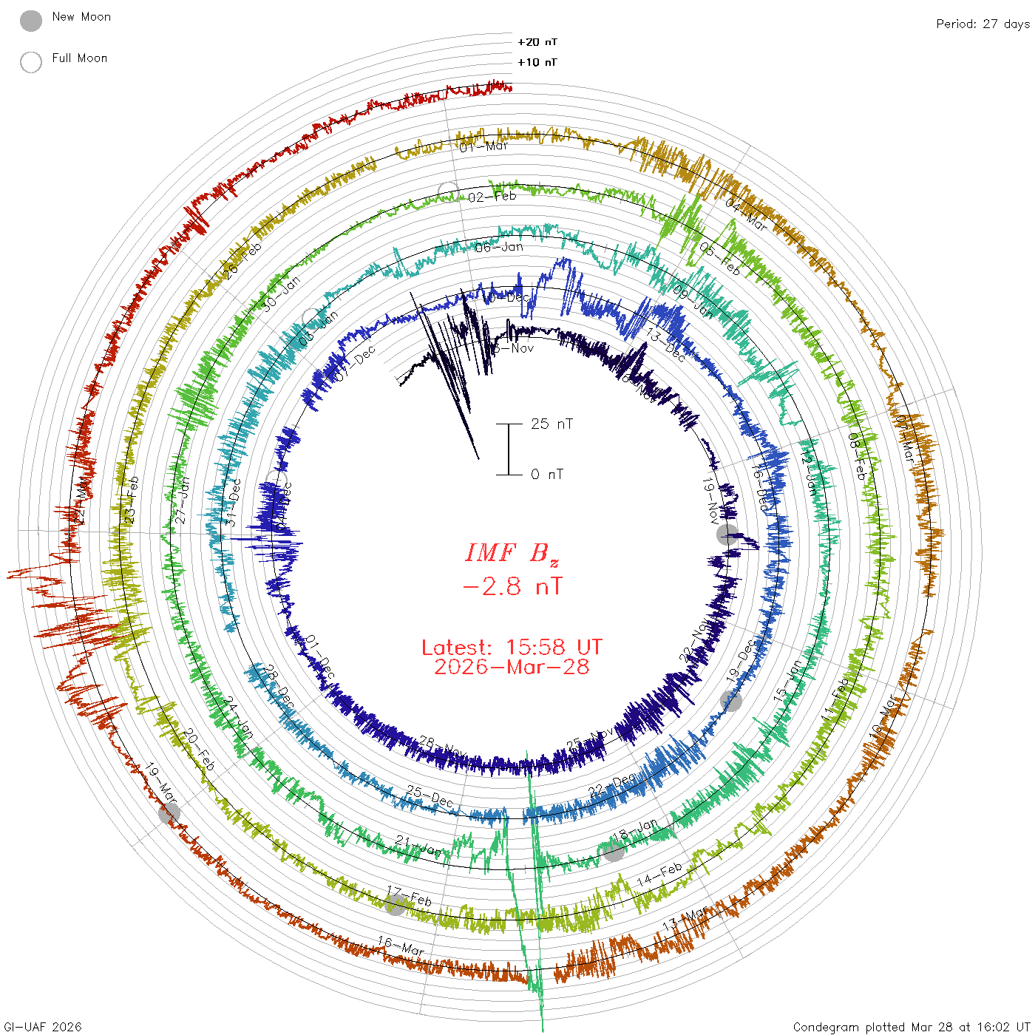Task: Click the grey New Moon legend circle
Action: [x=31, y=21]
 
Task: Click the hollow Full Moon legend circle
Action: [x=31, y=62]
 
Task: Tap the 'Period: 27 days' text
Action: [x=983, y=24]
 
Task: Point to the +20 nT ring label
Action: [x=537, y=42]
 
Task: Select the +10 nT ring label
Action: [x=537, y=62]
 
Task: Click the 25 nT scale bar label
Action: [x=552, y=424]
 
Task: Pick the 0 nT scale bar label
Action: [x=547, y=474]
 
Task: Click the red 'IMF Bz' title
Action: [x=512, y=553]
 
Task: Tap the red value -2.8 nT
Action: [x=512, y=587]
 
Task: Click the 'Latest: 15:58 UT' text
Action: [x=512, y=648]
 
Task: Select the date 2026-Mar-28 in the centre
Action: [x=512, y=667]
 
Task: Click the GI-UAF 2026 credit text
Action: [x=41, y=1027]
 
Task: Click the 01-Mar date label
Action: [x=484, y=146]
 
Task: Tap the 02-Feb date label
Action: [x=492, y=197]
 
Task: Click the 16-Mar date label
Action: [x=401, y=946]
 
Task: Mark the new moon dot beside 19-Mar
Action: [x=169, y=813]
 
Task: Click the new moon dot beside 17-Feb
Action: [x=396, y=904]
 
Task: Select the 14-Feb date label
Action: [x=659, y=875]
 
